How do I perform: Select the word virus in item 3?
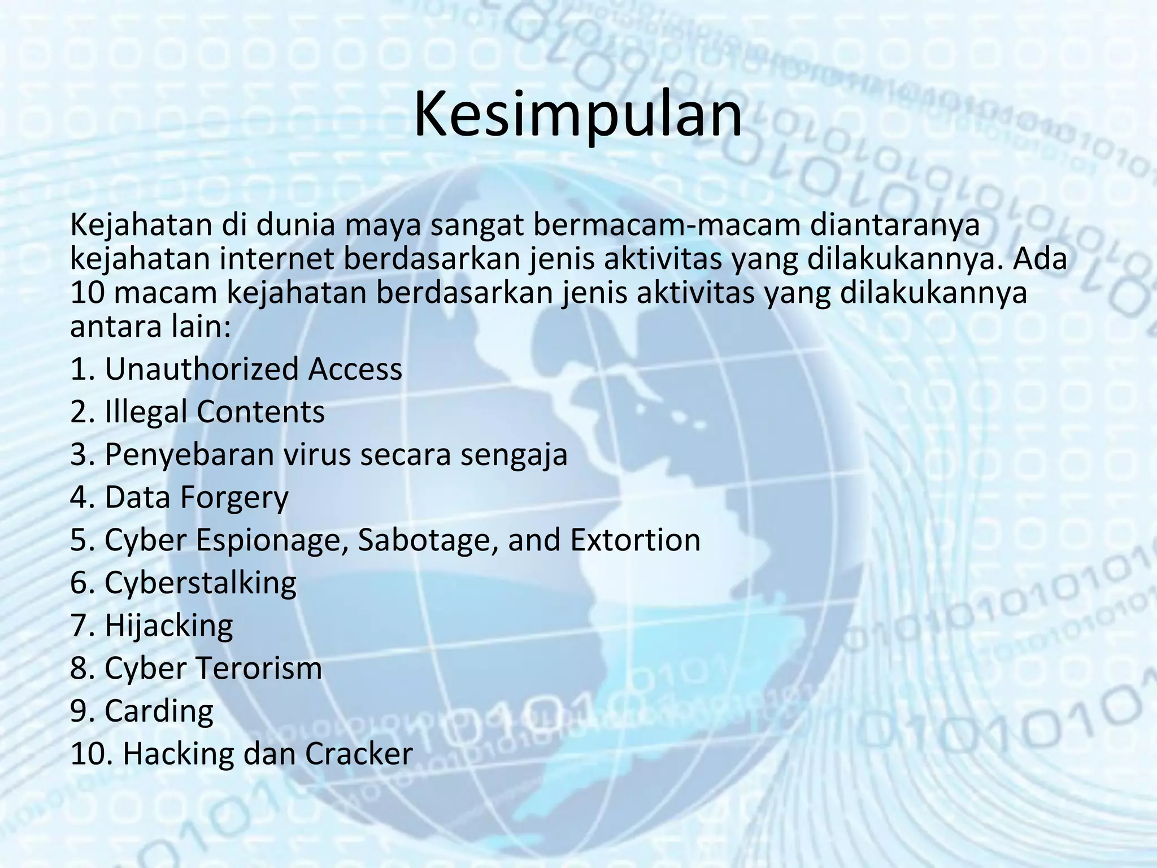(x=316, y=454)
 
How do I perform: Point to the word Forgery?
(x=234, y=498)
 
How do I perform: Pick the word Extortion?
(x=635, y=540)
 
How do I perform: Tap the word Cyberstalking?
(x=201, y=583)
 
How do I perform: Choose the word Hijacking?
(x=169, y=626)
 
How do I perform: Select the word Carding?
(x=159, y=711)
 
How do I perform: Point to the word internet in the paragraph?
(x=276, y=259)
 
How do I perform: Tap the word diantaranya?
(x=895, y=225)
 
